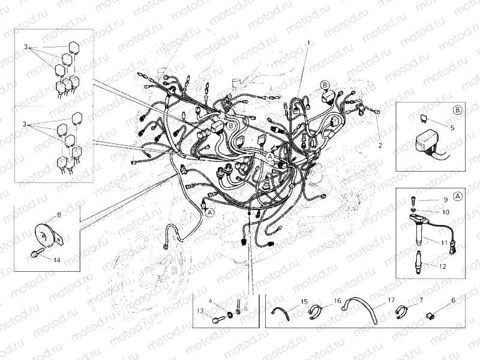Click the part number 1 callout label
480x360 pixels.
coord(308,43)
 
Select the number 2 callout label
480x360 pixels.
coord(379,146)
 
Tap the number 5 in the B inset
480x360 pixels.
coord(452,128)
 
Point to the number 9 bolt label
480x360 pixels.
coord(446,199)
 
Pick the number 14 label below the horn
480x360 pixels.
coord(56,260)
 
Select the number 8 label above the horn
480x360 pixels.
coord(58,214)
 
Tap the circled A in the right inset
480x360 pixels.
coord(457,196)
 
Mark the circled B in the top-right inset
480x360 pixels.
coord(457,110)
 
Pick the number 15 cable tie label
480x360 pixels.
coord(304,301)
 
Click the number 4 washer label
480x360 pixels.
coord(211,299)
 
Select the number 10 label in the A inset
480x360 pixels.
coord(445,212)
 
